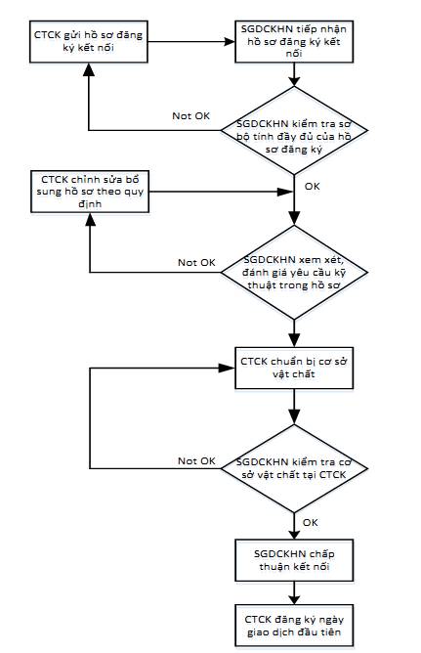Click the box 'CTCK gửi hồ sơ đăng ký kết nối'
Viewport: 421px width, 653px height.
click(89, 42)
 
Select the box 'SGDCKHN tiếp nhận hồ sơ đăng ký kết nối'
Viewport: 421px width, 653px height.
click(294, 42)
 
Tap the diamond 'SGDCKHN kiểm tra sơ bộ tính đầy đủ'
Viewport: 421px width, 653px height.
click(294, 130)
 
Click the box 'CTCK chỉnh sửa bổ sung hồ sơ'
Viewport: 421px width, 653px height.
click(90, 192)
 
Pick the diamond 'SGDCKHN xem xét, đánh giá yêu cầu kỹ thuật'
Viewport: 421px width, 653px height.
click(294, 273)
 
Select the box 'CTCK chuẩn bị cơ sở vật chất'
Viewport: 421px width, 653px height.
click(294, 369)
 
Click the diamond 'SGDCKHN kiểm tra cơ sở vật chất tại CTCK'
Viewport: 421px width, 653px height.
click(294, 468)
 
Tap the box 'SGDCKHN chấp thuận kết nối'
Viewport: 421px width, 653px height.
click(294, 560)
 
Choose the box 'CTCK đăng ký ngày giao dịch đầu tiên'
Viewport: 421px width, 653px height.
click(294, 626)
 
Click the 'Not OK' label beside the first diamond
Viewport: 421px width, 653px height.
click(190, 115)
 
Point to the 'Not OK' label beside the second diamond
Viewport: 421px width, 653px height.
click(196, 262)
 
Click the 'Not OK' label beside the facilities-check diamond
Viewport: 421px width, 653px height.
click(196, 461)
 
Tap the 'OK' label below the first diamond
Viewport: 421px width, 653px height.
click(312, 186)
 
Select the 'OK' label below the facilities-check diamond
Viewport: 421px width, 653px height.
click(311, 522)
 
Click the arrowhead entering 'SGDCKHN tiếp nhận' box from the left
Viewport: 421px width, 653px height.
click(230, 42)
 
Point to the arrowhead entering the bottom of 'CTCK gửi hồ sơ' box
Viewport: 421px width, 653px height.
click(89, 68)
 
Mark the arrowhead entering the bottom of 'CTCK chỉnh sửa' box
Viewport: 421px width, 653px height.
click(90, 219)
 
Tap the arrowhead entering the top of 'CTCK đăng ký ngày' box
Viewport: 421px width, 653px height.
click(294, 599)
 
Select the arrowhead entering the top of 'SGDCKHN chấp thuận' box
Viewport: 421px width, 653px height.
click(294, 534)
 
